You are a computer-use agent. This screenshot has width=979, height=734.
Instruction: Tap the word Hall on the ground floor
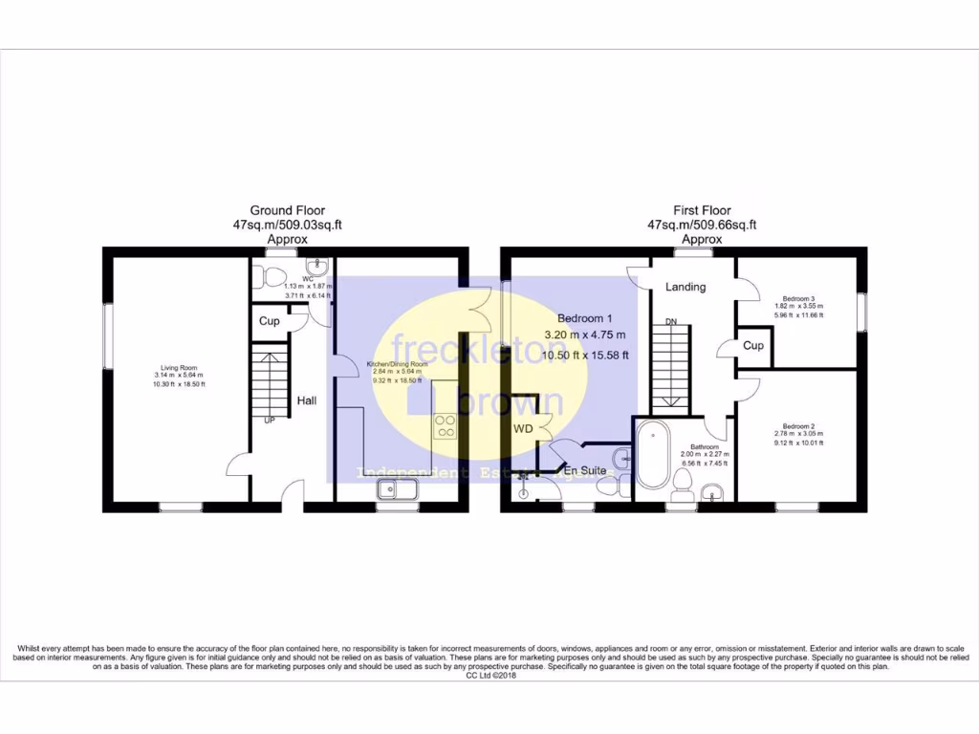click(306, 400)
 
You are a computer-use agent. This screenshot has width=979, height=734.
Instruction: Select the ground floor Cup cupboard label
click(270, 321)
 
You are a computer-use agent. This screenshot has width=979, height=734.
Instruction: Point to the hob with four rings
click(446, 426)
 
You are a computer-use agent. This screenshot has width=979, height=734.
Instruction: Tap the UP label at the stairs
click(270, 420)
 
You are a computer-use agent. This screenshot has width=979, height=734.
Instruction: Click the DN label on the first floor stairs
click(671, 322)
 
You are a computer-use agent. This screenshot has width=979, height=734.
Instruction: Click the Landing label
click(685, 287)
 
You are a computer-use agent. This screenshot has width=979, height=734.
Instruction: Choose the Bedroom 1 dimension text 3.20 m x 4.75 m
click(584, 335)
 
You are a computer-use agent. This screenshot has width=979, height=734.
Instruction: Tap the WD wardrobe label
click(523, 429)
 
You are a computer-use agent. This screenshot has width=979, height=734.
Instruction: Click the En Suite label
click(583, 471)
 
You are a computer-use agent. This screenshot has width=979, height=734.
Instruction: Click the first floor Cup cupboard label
click(753, 345)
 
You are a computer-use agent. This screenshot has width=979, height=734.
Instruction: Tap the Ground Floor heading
click(287, 210)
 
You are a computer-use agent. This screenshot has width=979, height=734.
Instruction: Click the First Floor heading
click(702, 210)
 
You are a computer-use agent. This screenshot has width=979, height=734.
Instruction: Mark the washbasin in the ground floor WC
click(316, 268)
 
